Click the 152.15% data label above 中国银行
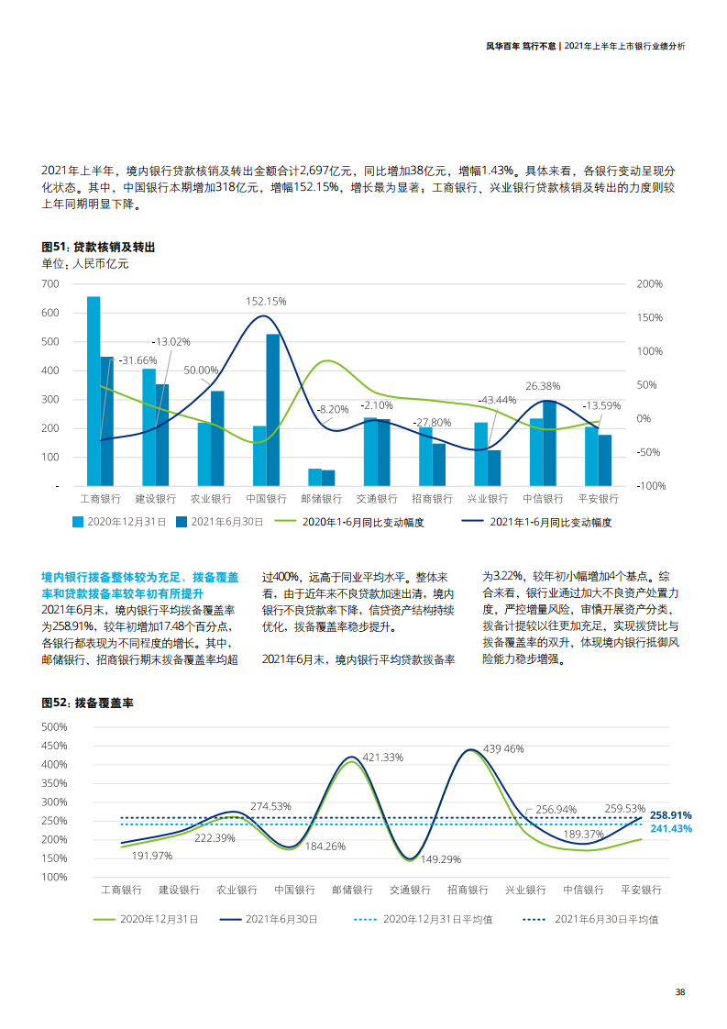[266, 301]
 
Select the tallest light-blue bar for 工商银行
[94, 390]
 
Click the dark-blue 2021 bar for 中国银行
[273, 409]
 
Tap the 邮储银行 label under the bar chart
[321, 499]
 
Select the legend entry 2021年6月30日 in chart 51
[220, 522]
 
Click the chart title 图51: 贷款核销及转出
[98, 248]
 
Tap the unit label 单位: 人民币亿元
[85, 264]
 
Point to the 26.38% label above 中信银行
[543, 386]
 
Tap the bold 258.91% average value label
[670, 814]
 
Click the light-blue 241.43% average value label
[670, 828]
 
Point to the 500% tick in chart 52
[54, 726]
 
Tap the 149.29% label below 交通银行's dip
[440, 860]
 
